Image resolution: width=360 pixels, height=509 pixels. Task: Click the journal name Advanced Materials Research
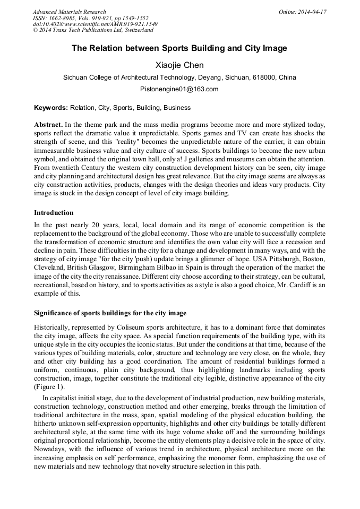pyautogui.click(x=69, y=12)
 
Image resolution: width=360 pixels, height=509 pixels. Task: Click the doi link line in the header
pyautogui.click(x=95, y=24)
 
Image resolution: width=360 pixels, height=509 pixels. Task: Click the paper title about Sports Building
pyautogui.click(x=179, y=48)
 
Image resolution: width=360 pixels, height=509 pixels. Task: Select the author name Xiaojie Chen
pyautogui.click(x=179, y=65)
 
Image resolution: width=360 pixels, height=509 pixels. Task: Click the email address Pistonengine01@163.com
pyautogui.click(x=179, y=89)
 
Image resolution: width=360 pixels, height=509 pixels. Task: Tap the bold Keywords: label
pyautogui.click(x=50, y=108)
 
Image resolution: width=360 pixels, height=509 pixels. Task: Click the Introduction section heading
pyautogui.click(x=54, y=213)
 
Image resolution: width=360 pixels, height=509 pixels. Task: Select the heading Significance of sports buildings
pyautogui.click(x=110, y=313)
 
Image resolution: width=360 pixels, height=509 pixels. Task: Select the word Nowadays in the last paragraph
pyautogui.click(x=51, y=450)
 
